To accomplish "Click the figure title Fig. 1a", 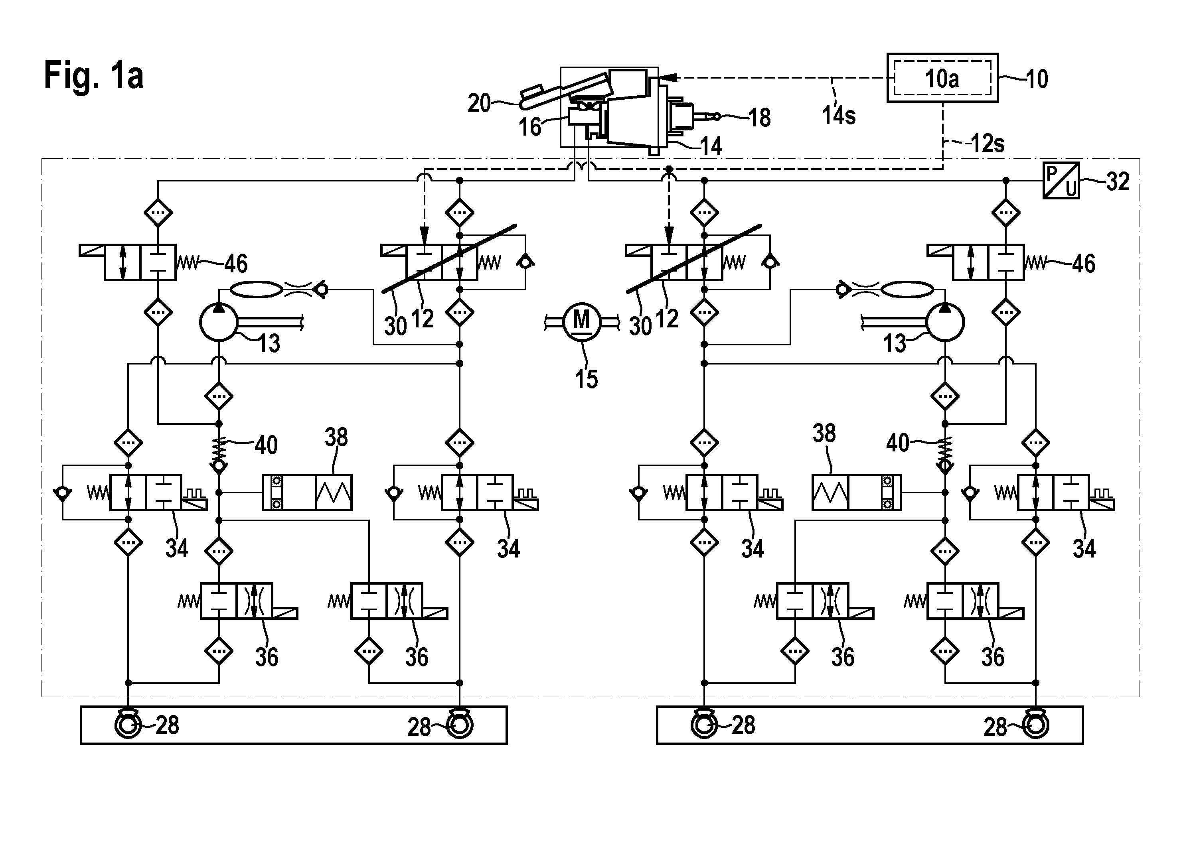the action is (x=94, y=76).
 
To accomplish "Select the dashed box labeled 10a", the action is (x=942, y=78).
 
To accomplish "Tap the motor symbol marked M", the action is (x=581, y=321).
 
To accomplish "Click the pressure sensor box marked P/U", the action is (x=1061, y=180).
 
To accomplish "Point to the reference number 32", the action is (x=1117, y=181).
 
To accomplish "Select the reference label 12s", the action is (x=988, y=144).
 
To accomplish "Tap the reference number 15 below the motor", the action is (x=586, y=379).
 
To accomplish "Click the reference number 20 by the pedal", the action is (x=479, y=103).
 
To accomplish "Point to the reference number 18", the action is (x=760, y=118).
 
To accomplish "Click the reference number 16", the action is (x=530, y=127).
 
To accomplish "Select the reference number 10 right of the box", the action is (x=1037, y=79).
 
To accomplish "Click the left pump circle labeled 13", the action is (x=219, y=322).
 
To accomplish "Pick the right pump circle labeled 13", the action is (x=945, y=322).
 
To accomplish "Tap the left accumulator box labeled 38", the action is (x=307, y=493).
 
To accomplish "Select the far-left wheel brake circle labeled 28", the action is (x=128, y=725).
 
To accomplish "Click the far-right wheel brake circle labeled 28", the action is (x=1036, y=725).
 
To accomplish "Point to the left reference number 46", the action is (x=236, y=264).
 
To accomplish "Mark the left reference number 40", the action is (x=266, y=445).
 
